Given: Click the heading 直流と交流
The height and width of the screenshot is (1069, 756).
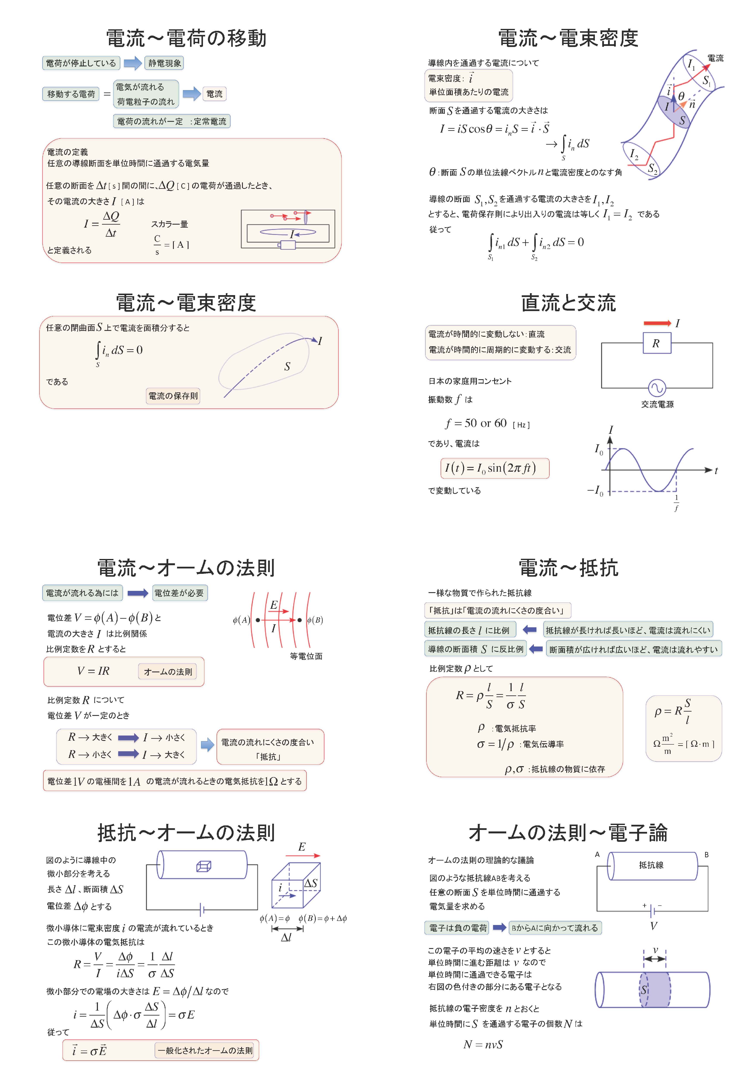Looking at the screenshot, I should [568, 303].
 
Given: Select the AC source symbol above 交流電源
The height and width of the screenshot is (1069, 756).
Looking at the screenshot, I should [657, 387].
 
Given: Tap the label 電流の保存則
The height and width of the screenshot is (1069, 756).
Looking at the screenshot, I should [173, 396].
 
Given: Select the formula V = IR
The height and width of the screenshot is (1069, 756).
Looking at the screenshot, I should [93, 671].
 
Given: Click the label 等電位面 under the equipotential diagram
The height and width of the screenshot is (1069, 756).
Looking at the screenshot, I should [306, 656].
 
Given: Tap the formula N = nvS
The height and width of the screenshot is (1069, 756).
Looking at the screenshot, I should [483, 1044].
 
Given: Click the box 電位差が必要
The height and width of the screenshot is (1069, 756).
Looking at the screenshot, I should [179, 593].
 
